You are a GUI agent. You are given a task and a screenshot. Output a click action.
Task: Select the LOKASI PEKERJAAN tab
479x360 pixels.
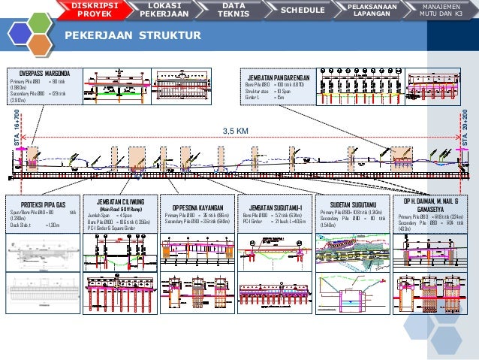tap(164, 10)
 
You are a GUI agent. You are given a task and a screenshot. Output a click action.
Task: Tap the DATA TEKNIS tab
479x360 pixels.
tap(233, 10)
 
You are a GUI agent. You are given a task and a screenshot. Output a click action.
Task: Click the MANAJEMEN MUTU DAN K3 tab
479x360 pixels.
tap(441, 10)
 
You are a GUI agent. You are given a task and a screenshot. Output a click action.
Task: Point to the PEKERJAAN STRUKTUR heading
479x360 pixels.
tap(131, 36)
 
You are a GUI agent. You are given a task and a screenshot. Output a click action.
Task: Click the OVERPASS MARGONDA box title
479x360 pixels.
tap(44, 73)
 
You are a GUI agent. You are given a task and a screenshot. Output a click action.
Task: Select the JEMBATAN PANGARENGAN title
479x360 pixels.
tap(276, 77)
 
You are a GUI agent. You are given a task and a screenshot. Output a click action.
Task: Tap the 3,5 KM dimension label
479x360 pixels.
tap(235, 131)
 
